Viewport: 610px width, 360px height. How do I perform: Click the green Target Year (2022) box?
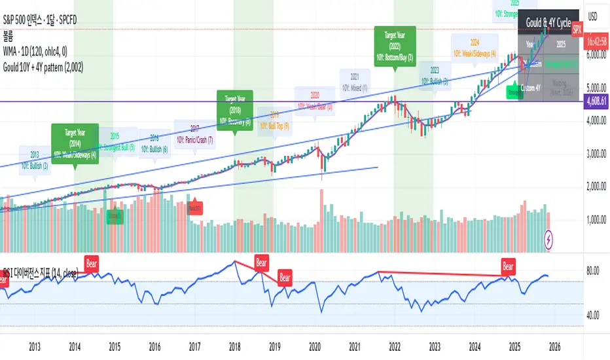(x=394, y=45)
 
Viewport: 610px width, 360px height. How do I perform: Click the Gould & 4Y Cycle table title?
(x=548, y=22)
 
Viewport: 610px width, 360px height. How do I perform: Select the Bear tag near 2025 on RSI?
(x=509, y=265)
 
